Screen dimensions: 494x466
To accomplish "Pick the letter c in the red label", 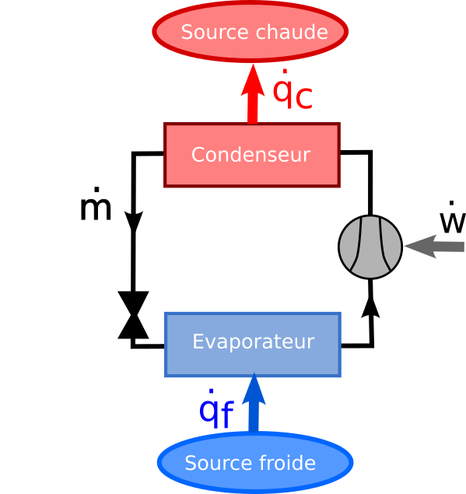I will pyautogui.click(x=303, y=97).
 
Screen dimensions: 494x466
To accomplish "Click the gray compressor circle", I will pyautogui.click(x=370, y=247).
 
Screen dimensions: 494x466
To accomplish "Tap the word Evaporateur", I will pyautogui.click(x=253, y=342).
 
